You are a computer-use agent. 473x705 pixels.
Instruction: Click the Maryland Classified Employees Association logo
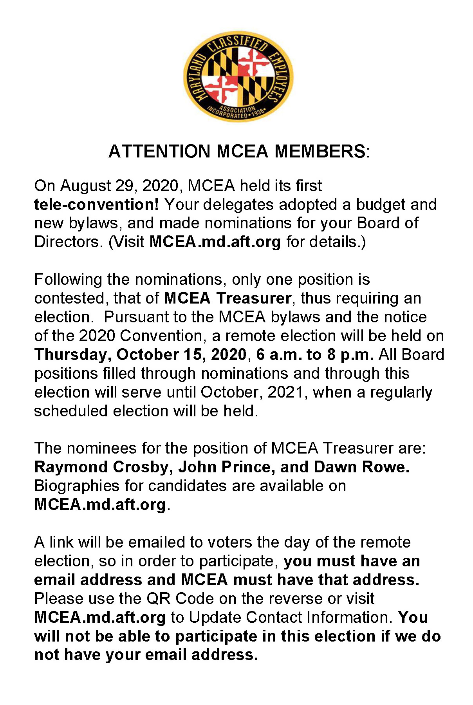[x=238, y=76]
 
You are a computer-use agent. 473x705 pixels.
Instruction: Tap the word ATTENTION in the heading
[x=159, y=152]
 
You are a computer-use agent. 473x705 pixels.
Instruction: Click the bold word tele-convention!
[x=96, y=204]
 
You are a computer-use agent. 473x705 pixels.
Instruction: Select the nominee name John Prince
[x=225, y=467]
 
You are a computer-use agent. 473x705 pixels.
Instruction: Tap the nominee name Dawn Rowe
[x=361, y=467]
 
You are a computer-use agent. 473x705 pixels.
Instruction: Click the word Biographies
[x=77, y=486]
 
